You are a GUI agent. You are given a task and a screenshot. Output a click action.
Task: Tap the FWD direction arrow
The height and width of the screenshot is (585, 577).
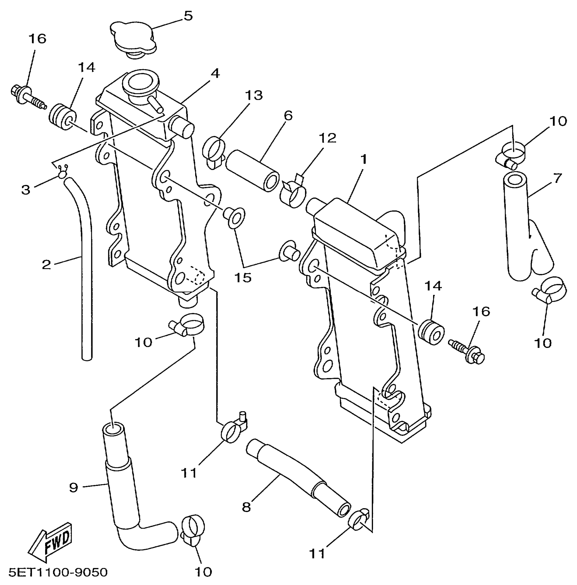pyautogui.click(x=51, y=542)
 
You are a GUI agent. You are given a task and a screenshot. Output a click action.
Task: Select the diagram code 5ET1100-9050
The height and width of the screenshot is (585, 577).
pyautogui.click(x=58, y=572)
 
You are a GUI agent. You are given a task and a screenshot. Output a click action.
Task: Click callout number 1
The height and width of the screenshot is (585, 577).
pyautogui.click(x=364, y=159)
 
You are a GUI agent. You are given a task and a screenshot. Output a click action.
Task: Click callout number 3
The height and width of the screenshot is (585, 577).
pyautogui.click(x=26, y=190)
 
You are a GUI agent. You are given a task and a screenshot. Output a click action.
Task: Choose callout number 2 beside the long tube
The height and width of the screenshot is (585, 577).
pyautogui.click(x=46, y=264)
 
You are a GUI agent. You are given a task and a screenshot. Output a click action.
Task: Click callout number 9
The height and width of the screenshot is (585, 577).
pyautogui.click(x=74, y=488)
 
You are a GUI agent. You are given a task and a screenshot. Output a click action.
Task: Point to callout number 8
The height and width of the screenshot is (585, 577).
pyautogui.click(x=246, y=507)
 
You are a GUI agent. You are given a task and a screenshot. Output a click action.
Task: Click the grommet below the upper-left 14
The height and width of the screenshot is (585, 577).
pyautogui.click(x=63, y=117)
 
